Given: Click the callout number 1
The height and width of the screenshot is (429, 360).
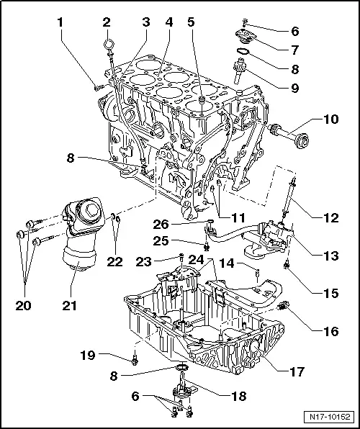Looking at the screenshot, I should point(60,22).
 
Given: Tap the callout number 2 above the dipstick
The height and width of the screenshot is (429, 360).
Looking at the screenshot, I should point(107,22).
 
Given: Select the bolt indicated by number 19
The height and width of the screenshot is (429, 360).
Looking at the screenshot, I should point(135,358).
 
